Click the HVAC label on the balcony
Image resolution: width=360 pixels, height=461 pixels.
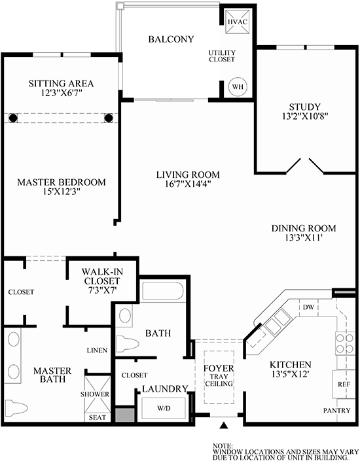tap(235, 22)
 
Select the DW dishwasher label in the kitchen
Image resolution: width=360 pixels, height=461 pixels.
tap(306, 307)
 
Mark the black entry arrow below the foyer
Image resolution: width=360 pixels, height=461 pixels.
tap(225, 426)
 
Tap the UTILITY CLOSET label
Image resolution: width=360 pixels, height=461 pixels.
tap(222, 57)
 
